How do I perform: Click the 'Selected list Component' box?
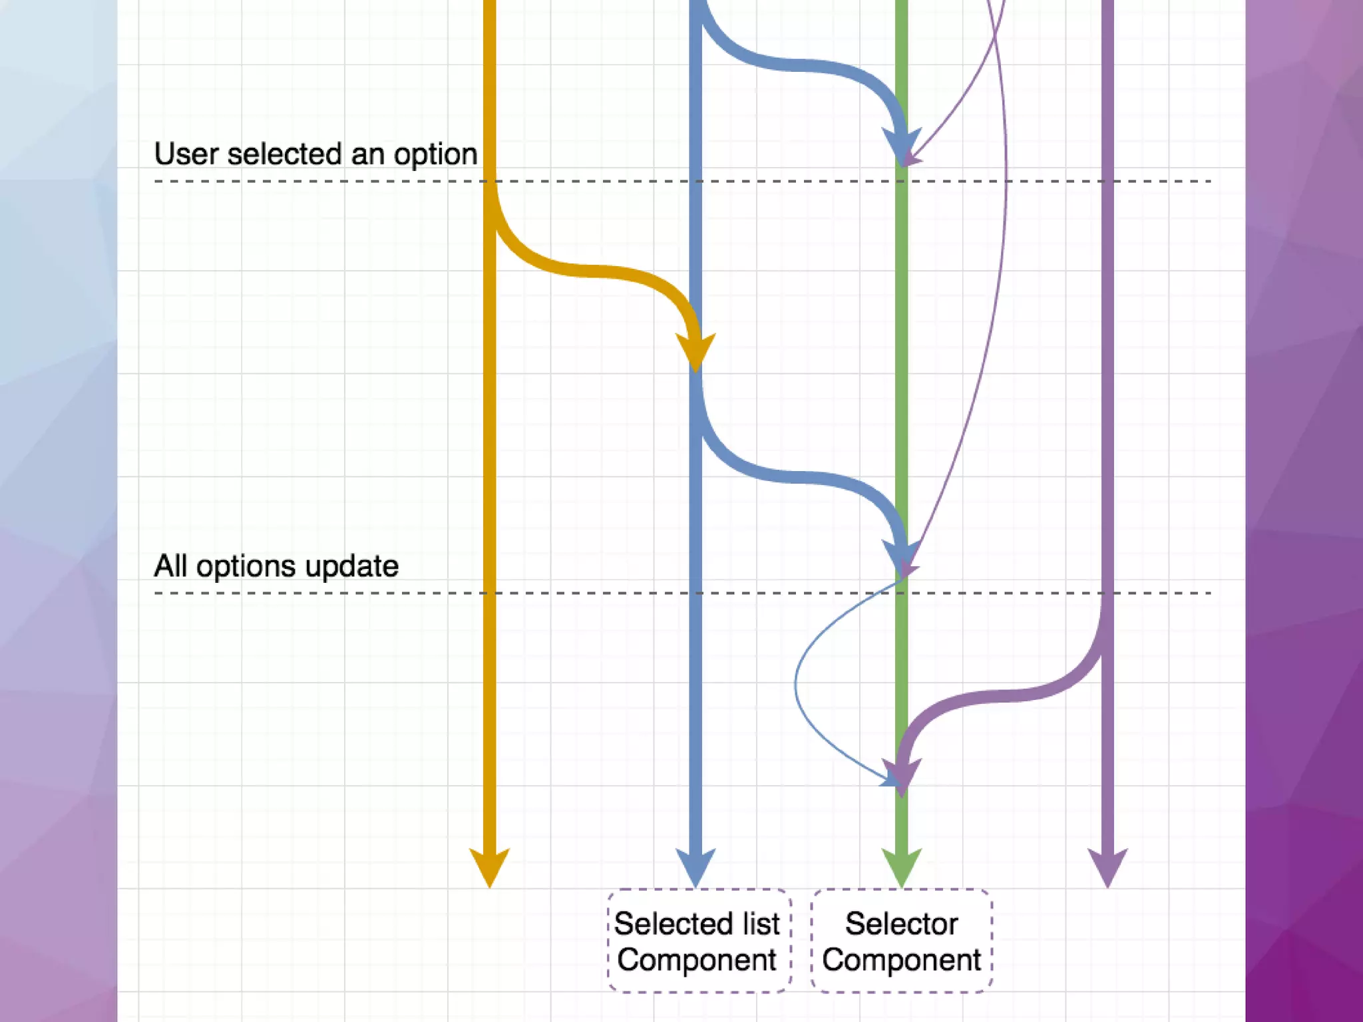pyautogui.click(x=698, y=941)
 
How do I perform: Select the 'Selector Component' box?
pyautogui.click(x=902, y=941)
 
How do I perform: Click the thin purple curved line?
pyautogui.click(x=1005, y=200)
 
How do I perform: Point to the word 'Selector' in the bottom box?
pyautogui.click(x=901, y=924)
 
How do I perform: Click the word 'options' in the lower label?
pyautogui.click(x=246, y=567)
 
